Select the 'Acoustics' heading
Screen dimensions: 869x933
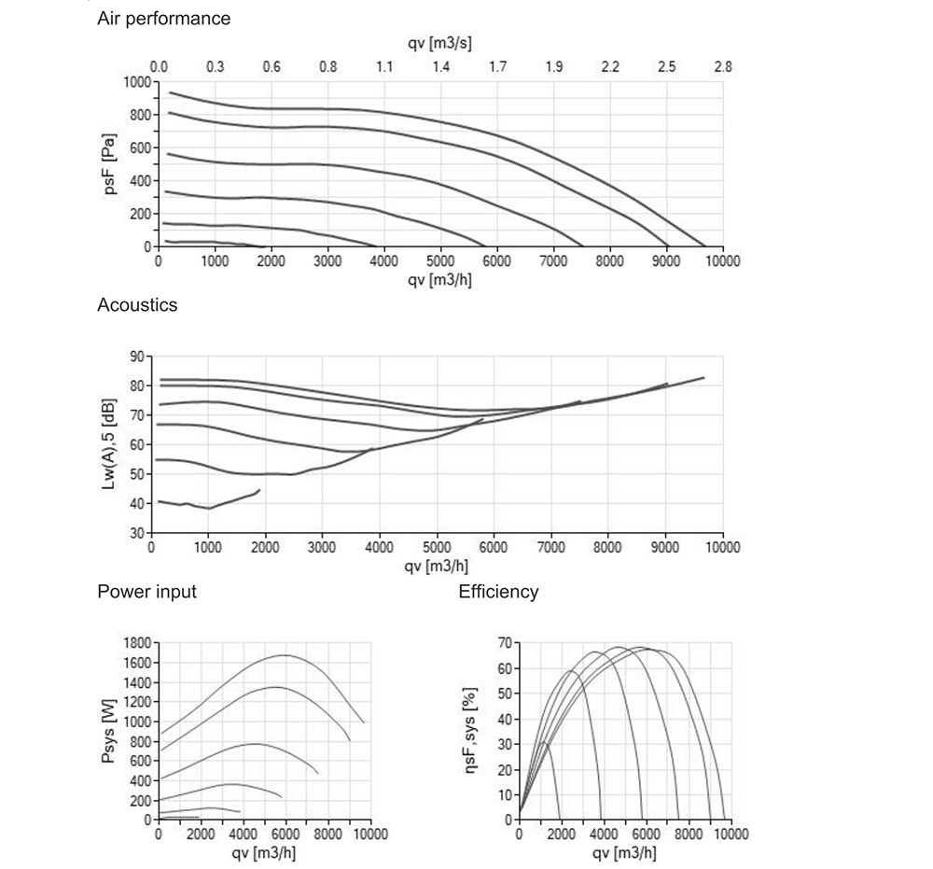point(137,305)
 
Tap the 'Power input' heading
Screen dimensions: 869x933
point(146,592)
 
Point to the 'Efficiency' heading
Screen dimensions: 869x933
point(498,592)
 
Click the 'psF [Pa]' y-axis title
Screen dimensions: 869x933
point(111,164)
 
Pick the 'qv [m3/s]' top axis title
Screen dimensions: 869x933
point(441,44)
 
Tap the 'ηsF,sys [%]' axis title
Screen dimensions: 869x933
point(475,731)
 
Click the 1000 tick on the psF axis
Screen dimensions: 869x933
point(137,82)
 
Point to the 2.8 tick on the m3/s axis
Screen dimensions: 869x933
point(723,67)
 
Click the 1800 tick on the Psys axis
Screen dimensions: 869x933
point(137,643)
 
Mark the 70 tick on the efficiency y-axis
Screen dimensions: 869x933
point(505,643)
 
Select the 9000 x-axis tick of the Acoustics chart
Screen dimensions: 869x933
point(665,548)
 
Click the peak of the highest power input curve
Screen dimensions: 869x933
point(285,655)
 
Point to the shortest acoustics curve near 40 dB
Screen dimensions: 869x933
point(210,506)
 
